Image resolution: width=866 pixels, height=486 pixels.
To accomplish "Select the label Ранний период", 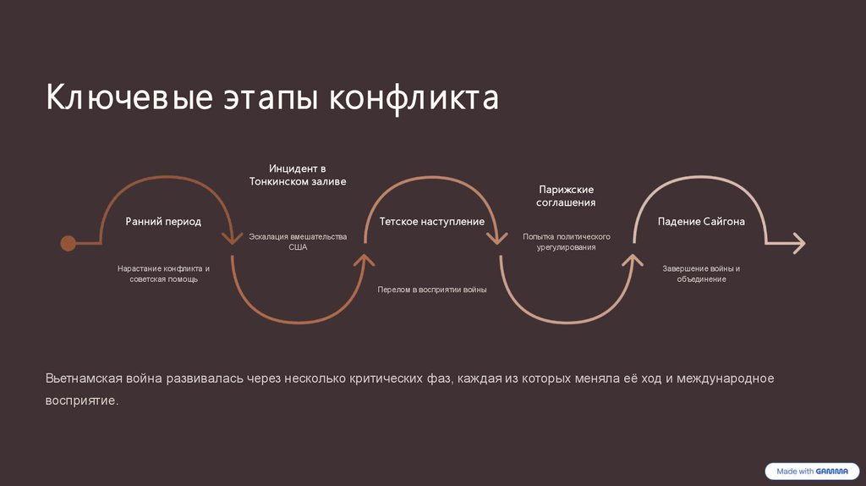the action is coord(163,222).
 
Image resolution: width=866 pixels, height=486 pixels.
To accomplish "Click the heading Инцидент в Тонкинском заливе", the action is coord(298,175).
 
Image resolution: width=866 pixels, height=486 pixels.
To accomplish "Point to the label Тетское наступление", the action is coord(431,222).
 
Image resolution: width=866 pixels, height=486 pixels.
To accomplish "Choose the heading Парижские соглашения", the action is coord(567,196).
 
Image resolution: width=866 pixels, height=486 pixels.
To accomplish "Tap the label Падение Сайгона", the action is coord(701,222).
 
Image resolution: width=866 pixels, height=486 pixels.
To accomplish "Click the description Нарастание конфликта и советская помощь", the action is coord(163,273).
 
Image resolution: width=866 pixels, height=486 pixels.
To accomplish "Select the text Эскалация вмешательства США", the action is coord(298,242).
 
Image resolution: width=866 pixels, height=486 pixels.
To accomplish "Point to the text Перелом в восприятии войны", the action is coord(431,290).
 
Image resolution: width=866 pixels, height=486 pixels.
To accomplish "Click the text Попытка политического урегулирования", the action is coord(567,242).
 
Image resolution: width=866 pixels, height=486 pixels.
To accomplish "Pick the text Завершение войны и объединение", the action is coord(701,273).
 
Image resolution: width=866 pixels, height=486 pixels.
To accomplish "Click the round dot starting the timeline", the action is coord(68,244).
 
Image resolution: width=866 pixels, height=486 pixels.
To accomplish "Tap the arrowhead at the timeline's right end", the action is coord(797,244).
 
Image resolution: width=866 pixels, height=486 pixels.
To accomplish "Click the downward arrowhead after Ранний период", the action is coord(231,238).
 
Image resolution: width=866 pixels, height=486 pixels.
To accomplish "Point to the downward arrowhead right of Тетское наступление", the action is coord(500,238).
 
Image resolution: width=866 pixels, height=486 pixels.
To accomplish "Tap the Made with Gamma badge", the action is coord(809,471).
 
